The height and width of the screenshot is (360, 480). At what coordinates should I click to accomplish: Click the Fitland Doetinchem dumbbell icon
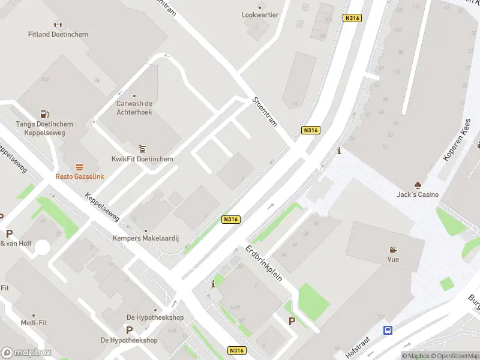pos(58,25)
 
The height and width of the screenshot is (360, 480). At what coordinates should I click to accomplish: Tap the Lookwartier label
pos(260,14)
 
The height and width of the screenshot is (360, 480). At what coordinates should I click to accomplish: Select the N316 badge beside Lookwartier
pos(352,18)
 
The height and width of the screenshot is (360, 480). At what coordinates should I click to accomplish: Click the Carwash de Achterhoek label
pos(134,107)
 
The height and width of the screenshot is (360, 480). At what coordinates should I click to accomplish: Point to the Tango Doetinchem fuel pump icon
pos(44,114)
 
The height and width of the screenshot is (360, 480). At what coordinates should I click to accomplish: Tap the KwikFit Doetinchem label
pos(142,159)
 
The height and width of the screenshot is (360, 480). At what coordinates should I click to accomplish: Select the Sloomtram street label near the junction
pos(265,111)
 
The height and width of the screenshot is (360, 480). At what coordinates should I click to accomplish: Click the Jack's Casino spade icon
pos(418,184)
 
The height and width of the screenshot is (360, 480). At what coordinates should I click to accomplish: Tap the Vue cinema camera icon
pos(393,250)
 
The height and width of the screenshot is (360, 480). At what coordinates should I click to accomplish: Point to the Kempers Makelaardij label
pos(146,238)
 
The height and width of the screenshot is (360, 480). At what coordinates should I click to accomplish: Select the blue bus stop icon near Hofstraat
pos(388,330)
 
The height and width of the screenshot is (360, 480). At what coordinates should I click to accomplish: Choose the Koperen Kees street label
pos(456,148)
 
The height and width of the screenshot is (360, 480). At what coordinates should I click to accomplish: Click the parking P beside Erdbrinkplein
pos(292,321)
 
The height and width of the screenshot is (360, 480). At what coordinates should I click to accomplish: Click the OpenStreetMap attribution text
pos(454,356)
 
